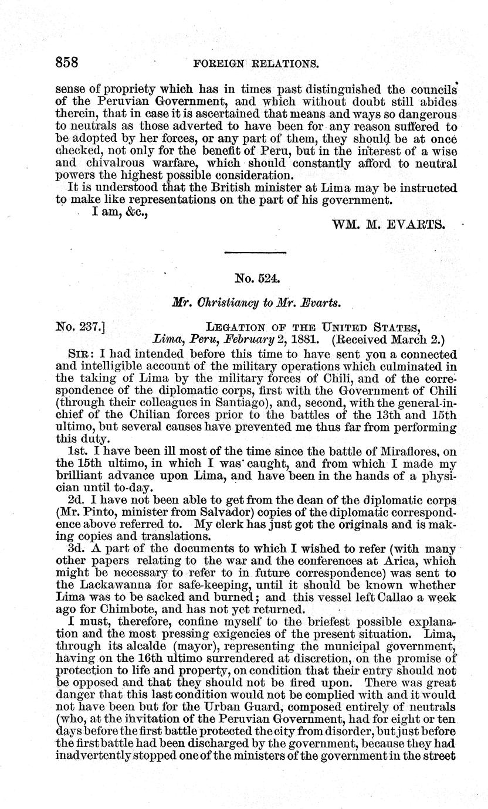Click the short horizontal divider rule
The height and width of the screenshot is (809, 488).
click(x=256, y=253)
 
